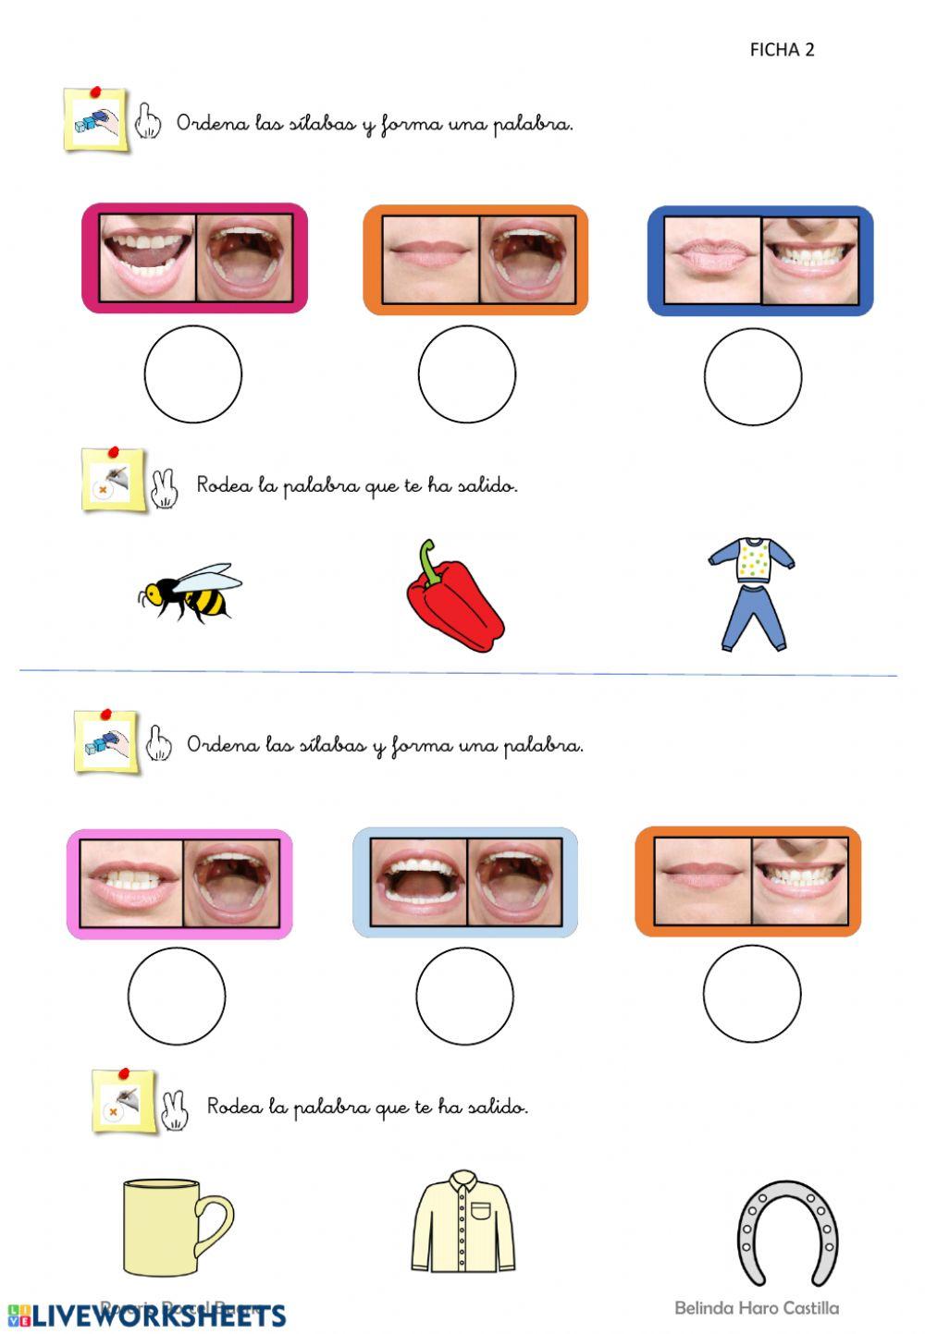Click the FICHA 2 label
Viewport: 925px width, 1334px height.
tap(782, 50)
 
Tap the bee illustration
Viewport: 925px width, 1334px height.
tap(190, 592)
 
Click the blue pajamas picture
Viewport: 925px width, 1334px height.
tap(752, 594)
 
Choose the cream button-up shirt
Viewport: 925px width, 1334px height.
tap(462, 1222)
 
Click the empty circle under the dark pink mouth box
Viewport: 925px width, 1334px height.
tap(192, 373)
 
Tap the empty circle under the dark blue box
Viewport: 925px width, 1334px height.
tap(752, 376)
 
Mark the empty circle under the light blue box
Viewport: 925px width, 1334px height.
tap(464, 995)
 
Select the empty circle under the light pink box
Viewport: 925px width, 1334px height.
tap(176, 996)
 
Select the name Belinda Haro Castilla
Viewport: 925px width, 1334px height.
tap(757, 1308)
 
